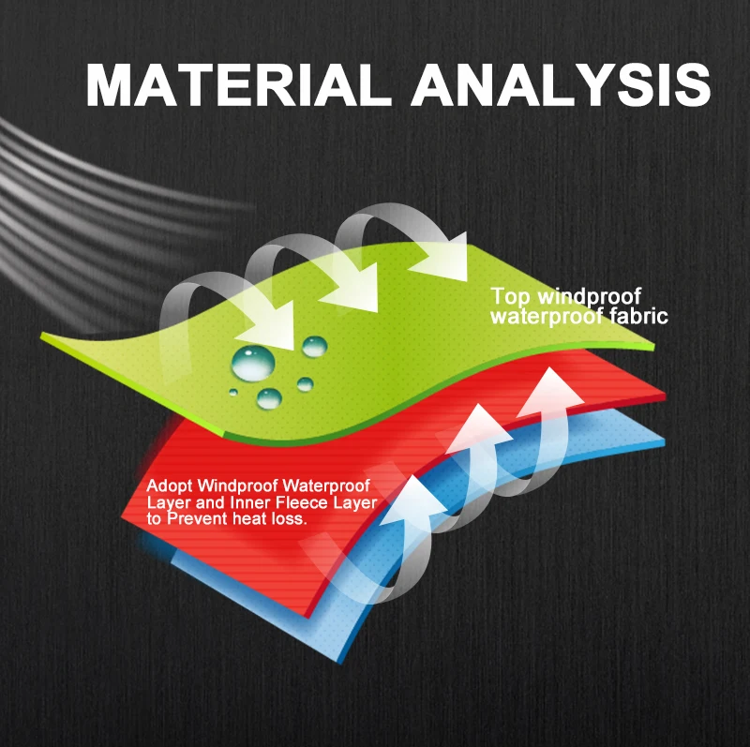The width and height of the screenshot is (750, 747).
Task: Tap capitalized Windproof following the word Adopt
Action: coord(237,486)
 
